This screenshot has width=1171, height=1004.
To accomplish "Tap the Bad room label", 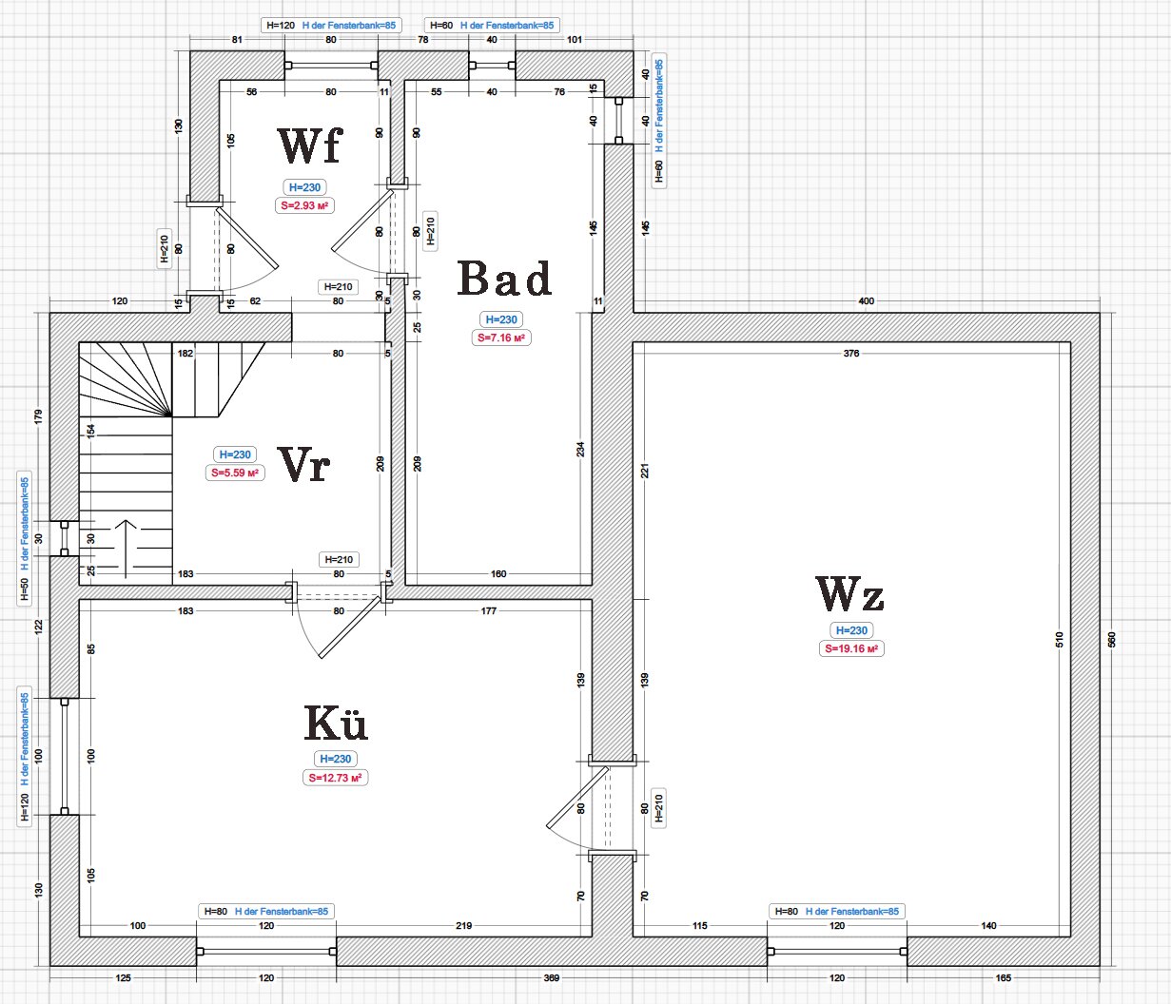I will click(504, 279).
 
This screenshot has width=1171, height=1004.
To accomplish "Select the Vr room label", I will click(304, 465).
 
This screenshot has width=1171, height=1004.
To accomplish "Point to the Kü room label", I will click(336, 723).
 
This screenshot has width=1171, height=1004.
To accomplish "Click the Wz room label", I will click(850, 595).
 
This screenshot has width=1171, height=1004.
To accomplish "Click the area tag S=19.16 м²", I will click(852, 648).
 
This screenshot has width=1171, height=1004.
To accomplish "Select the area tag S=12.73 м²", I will click(336, 777).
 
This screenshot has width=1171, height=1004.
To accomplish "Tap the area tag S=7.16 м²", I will click(501, 338).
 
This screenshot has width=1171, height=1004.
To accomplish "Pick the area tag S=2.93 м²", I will click(304, 205).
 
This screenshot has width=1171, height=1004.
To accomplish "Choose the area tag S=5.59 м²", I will click(235, 473).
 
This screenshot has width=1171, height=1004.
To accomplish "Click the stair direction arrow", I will click(127, 547).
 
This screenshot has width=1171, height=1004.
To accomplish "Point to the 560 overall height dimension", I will click(1111, 639).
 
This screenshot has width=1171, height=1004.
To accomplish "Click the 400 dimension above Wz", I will click(866, 301).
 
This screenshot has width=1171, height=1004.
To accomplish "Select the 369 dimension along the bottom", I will click(552, 977).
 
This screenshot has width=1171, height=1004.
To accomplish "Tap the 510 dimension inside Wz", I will click(1060, 639).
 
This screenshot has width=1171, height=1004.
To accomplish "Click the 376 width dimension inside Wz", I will click(851, 354).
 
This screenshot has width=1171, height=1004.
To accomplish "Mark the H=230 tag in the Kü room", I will click(336, 759).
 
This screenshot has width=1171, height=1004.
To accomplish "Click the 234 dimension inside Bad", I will click(580, 449).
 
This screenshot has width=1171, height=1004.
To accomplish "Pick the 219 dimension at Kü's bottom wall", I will click(463, 925).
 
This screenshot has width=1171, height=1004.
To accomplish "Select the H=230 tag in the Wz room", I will click(852, 630).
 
